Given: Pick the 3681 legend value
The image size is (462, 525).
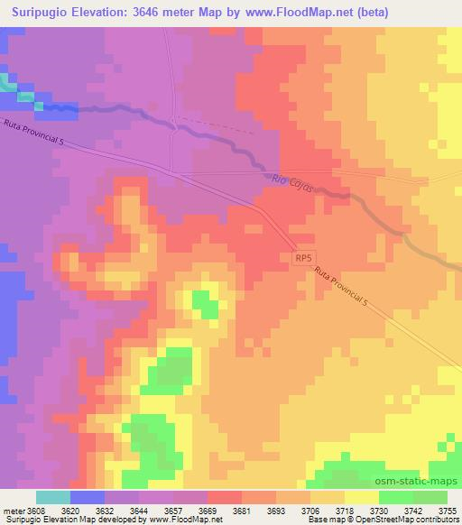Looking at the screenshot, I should point(241,510).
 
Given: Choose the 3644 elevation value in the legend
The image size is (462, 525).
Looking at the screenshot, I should point(138,510).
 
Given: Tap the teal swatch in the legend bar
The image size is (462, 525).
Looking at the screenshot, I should point(53,497).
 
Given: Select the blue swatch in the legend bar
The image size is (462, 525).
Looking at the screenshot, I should point(88,497).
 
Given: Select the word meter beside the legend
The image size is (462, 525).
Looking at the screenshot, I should point(13,510).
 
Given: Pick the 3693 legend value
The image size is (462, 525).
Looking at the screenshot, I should point(275,510).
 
